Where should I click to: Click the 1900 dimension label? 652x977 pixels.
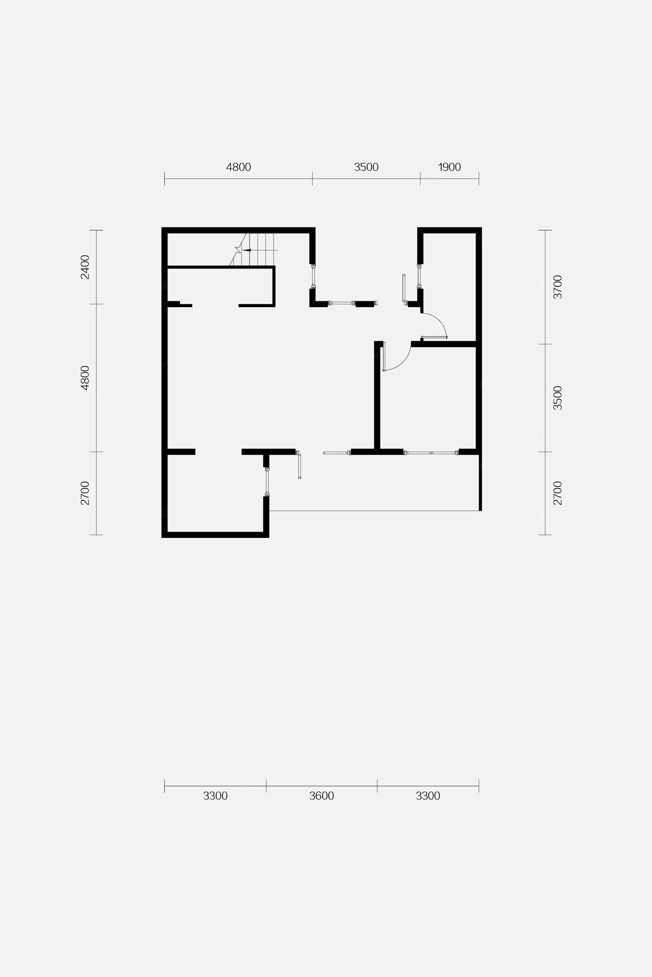(449, 167)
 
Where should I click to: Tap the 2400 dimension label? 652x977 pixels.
(85, 267)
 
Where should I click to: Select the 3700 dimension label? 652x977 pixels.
(557, 287)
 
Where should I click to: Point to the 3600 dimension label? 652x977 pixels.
(321, 796)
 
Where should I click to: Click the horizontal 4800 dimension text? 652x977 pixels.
(238, 167)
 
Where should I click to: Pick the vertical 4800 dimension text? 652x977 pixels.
(85, 378)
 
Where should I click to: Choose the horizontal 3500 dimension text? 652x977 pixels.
(366, 167)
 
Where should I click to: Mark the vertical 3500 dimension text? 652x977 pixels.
(557, 398)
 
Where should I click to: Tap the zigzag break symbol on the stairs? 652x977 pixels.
(238, 250)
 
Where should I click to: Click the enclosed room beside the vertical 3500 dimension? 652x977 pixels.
(428, 398)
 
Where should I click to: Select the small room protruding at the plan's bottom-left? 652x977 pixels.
(215, 493)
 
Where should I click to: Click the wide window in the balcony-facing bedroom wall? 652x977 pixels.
(431, 452)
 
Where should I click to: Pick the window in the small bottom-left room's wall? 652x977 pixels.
(266, 482)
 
